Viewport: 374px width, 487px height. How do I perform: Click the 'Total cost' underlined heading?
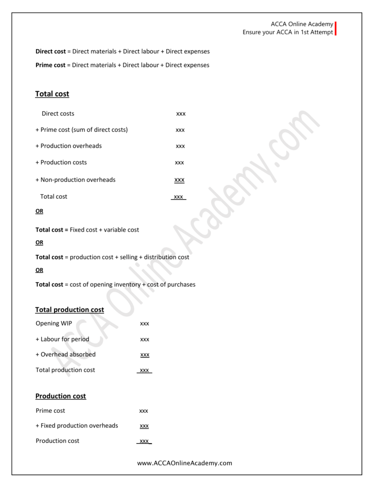click(52, 94)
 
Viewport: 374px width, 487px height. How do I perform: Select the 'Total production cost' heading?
click(69, 310)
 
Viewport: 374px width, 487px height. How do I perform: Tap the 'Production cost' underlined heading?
click(61, 396)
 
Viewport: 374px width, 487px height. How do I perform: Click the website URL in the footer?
click(184, 463)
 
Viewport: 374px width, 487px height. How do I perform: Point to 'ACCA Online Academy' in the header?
click(302, 24)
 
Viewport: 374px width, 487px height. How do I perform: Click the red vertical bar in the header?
click(336, 29)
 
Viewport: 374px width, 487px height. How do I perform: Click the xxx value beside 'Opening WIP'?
click(144, 324)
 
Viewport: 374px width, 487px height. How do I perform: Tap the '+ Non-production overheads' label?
click(76, 180)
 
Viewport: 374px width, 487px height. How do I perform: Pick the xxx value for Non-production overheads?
click(179, 180)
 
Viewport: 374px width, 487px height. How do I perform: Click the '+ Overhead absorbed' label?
click(66, 354)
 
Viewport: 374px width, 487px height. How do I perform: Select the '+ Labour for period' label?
click(62, 339)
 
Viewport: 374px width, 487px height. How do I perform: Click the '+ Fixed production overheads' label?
click(77, 426)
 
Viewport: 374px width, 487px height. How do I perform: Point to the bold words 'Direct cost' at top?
click(50, 51)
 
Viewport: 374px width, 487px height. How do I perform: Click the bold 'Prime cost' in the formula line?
click(50, 65)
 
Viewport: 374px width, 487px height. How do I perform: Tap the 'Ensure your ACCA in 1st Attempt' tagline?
click(288, 32)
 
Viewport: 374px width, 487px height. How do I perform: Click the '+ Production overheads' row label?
click(68, 146)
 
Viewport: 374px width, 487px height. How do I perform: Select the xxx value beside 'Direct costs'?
click(181, 114)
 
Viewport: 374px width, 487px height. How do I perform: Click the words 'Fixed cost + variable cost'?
click(105, 230)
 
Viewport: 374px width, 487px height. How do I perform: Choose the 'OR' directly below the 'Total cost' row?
click(39, 211)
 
